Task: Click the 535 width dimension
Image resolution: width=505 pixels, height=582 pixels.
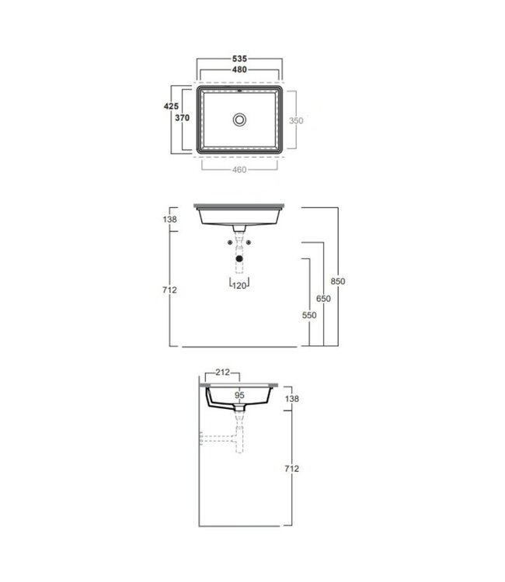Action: click(239, 58)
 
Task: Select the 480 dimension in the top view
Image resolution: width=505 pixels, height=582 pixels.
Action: click(239, 70)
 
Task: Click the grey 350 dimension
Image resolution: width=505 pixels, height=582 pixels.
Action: click(297, 120)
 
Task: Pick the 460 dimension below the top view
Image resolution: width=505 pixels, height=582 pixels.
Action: click(239, 170)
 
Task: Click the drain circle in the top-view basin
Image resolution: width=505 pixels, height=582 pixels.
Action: click(240, 120)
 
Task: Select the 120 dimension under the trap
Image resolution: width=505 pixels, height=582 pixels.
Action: click(240, 286)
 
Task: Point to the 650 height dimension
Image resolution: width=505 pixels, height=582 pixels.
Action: click(323, 299)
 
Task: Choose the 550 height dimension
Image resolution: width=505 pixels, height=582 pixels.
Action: click(309, 317)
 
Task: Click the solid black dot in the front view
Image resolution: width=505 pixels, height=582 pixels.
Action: click(240, 259)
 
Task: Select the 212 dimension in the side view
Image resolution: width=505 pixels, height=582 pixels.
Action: click(224, 372)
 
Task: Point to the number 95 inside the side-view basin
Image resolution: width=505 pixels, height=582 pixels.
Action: click(239, 395)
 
